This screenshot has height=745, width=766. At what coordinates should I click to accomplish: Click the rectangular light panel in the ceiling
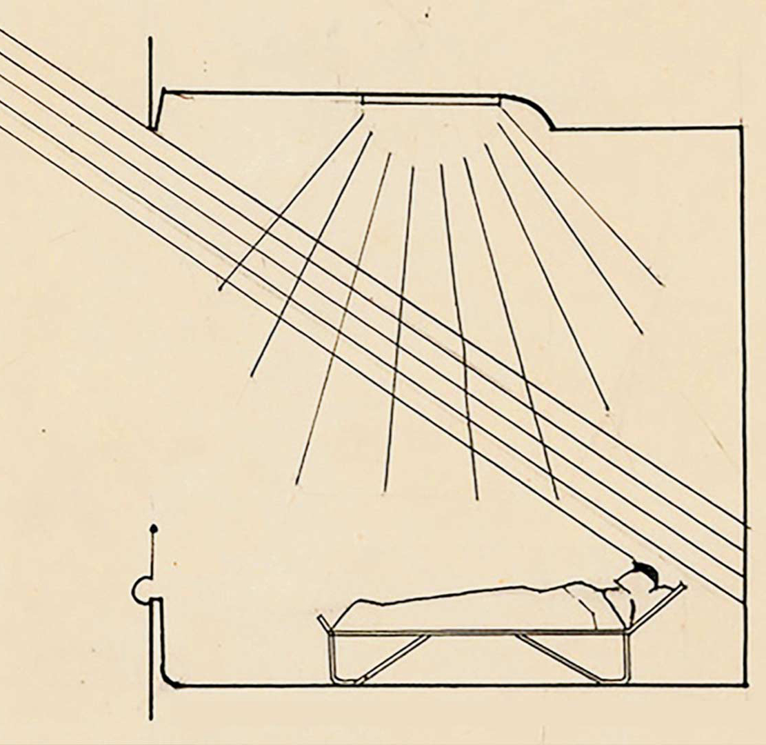430,101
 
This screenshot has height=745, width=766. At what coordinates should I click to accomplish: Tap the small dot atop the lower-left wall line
153,529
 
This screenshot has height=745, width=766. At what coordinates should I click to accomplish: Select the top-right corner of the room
742,127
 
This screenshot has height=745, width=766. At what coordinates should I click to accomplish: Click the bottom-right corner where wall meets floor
745,684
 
